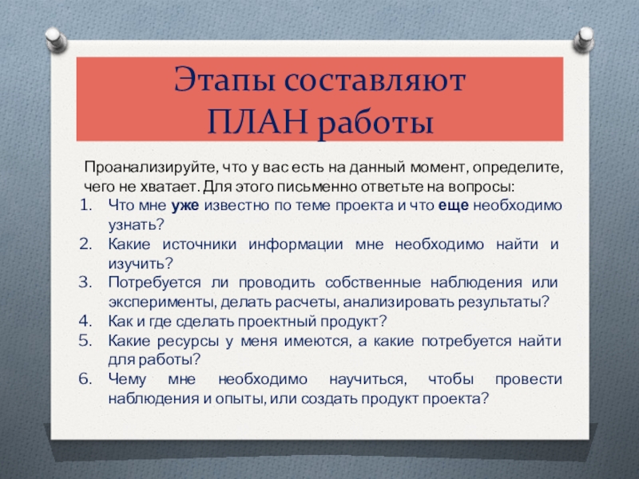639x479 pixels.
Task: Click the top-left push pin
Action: (x=56, y=39)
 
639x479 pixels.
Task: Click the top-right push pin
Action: (x=584, y=39)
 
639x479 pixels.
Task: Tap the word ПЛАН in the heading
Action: (x=257, y=122)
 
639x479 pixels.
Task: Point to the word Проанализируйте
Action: (x=148, y=168)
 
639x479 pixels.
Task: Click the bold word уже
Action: (x=185, y=206)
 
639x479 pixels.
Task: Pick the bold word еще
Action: (x=453, y=206)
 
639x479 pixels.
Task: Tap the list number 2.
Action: (x=85, y=244)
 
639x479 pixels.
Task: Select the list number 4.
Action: (x=85, y=321)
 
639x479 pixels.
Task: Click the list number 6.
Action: (x=85, y=378)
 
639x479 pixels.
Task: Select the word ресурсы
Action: (x=189, y=341)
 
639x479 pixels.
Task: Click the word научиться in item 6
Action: (x=367, y=380)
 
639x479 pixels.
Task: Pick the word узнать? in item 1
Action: (x=136, y=225)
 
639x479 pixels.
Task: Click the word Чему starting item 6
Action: (x=127, y=380)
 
